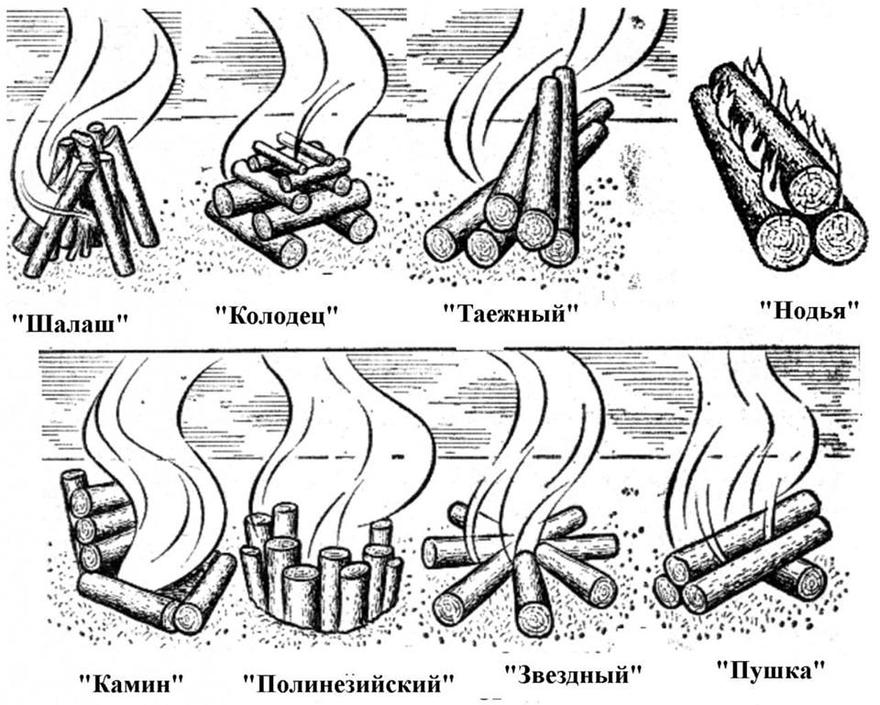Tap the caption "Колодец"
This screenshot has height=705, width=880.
pos(278,314)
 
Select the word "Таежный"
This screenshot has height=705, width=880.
pos(511,314)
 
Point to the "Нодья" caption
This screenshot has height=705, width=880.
pos(808,309)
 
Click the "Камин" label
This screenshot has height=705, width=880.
pos(132,683)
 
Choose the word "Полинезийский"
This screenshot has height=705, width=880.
pos(349,684)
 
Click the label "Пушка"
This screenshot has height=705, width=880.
pos(771,669)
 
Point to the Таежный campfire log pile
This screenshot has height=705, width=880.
pos(516,174)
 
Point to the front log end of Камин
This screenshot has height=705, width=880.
pos(189,617)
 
